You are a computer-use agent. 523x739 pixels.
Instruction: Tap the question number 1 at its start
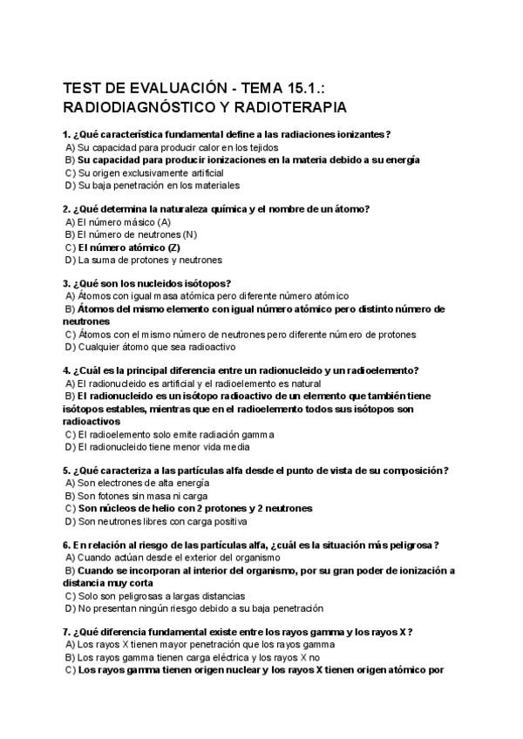coord(67,134)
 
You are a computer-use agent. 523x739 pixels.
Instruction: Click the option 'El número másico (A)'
coord(123,222)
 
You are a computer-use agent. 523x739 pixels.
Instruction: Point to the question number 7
coord(67,632)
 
